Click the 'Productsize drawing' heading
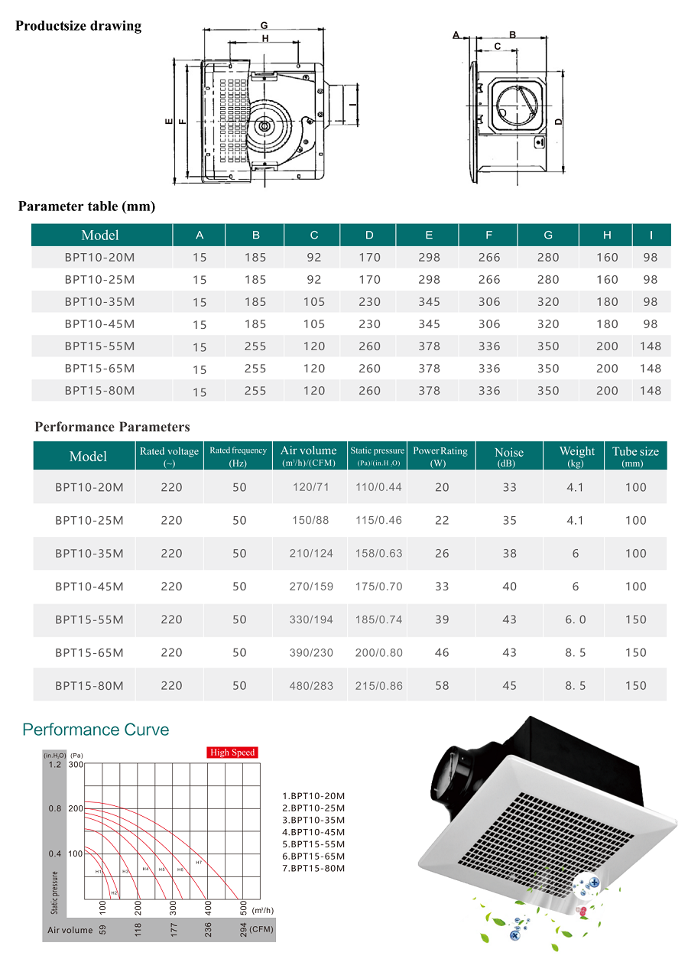point(79,26)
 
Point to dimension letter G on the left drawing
point(264,25)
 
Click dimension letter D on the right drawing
point(559,121)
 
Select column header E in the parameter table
point(429,235)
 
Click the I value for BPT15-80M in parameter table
point(650,390)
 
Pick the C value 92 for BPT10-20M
point(314,258)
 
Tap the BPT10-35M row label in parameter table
point(99,302)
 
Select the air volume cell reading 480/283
point(312,686)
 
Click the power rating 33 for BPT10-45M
point(442,587)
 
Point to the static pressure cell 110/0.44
point(378,487)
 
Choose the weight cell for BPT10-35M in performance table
point(576,554)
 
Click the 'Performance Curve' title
point(96,730)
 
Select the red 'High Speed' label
point(232,753)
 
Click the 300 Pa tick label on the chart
point(76,765)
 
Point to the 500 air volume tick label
point(243,908)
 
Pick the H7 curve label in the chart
point(198,863)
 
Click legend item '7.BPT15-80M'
point(313,868)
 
